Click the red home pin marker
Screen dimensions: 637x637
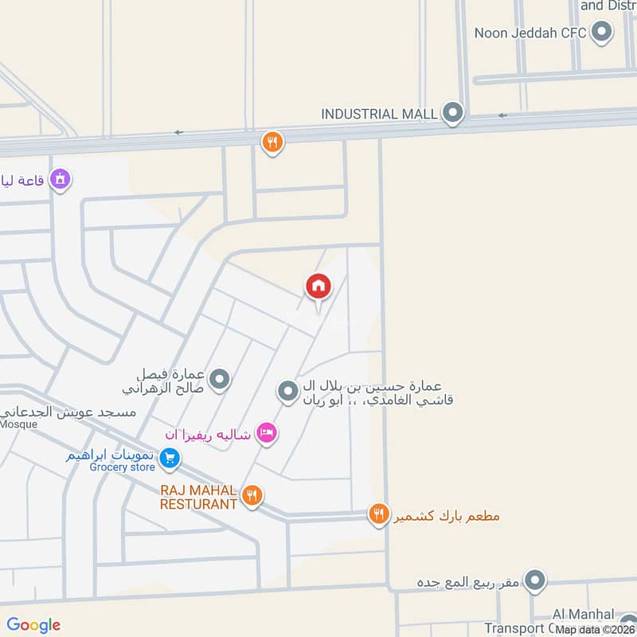pos(318,286)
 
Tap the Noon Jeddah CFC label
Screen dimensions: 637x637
pos(530,33)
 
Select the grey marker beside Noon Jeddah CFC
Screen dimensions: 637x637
pos(603,33)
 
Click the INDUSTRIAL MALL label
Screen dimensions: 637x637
pos(379,114)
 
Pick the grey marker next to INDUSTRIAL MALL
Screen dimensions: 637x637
pos(453,114)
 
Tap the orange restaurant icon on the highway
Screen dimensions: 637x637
pos(272,143)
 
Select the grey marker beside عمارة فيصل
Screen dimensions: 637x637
pos(221,380)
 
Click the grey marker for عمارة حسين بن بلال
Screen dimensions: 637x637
pos(287,391)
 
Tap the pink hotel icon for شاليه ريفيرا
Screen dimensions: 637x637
pos(267,433)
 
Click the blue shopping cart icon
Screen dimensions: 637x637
pos(169,458)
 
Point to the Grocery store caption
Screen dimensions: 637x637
pos(122,467)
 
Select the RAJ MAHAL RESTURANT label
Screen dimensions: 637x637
pos(198,498)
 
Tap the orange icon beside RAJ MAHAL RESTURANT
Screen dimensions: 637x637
pos(252,496)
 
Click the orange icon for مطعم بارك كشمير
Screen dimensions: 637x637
pos(378,514)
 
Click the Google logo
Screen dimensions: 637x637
pos(33,625)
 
